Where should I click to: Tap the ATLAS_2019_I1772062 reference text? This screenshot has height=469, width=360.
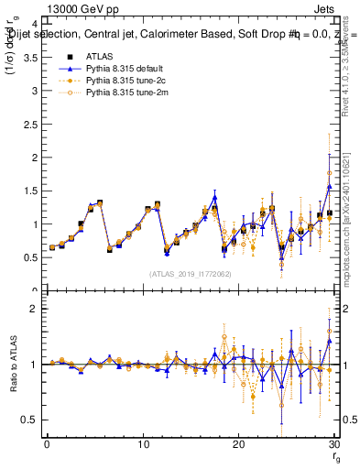(190, 274)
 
